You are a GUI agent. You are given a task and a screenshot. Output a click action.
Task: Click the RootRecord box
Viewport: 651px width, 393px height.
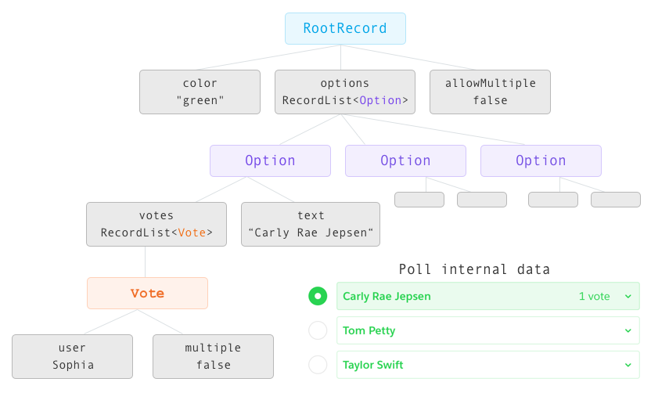pyautogui.click(x=345, y=28)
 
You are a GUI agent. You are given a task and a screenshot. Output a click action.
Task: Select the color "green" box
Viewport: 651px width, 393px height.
pyautogui.click(x=200, y=92)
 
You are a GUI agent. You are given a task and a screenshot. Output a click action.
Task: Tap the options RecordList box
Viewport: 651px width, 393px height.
pyautogui.click(x=344, y=92)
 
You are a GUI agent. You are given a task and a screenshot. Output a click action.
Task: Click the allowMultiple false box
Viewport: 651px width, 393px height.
pyautogui.click(x=490, y=92)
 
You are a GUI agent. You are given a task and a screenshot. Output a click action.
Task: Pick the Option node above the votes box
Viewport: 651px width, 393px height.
pyautogui.click(x=270, y=160)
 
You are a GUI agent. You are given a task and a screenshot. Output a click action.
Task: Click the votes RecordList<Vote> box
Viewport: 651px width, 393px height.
pyautogui.click(x=156, y=225)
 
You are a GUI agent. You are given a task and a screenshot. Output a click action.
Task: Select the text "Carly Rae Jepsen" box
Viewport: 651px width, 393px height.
pyautogui.click(x=311, y=225)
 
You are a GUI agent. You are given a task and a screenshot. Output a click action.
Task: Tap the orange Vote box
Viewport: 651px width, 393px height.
pyautogui.click(x=147, y=294)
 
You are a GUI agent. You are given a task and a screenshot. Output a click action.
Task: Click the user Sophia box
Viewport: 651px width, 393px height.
pyautogui.click(x=72, y=356)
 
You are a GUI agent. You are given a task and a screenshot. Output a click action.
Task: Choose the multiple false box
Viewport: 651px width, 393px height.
pyautogui.click(x=213, y=356)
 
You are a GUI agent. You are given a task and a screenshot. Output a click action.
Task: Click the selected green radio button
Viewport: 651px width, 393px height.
pyautogui.click(x=318, y=296)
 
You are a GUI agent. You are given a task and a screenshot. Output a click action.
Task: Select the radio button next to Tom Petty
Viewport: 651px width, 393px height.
pyautogui.click(x=318, y=330)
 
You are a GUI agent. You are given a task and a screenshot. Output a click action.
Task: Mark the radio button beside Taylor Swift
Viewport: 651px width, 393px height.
pyautogui.click(x=318, y=365)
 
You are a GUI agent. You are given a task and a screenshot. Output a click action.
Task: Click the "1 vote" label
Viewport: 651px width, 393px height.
pyautogui.click(x=594, y=296)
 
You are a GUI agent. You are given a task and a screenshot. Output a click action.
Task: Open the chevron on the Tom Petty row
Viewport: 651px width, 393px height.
pyautogui.click(x=628, y=330)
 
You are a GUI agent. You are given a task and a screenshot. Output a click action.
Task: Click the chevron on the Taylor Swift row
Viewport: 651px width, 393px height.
pyautogui.click(x=628, y=365)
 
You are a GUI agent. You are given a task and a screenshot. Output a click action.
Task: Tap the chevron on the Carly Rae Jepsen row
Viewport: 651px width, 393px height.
pyautogui.click(x=628, y=296)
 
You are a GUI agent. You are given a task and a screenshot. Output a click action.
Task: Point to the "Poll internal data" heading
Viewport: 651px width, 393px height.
pyautogui.click(x=474, y=269)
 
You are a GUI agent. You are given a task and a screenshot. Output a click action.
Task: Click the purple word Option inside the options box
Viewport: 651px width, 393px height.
pyautogui.click(x=380, y=100)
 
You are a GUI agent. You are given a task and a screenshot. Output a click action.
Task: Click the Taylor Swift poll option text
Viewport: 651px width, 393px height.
pyautogui.click(x=372, y=365)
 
